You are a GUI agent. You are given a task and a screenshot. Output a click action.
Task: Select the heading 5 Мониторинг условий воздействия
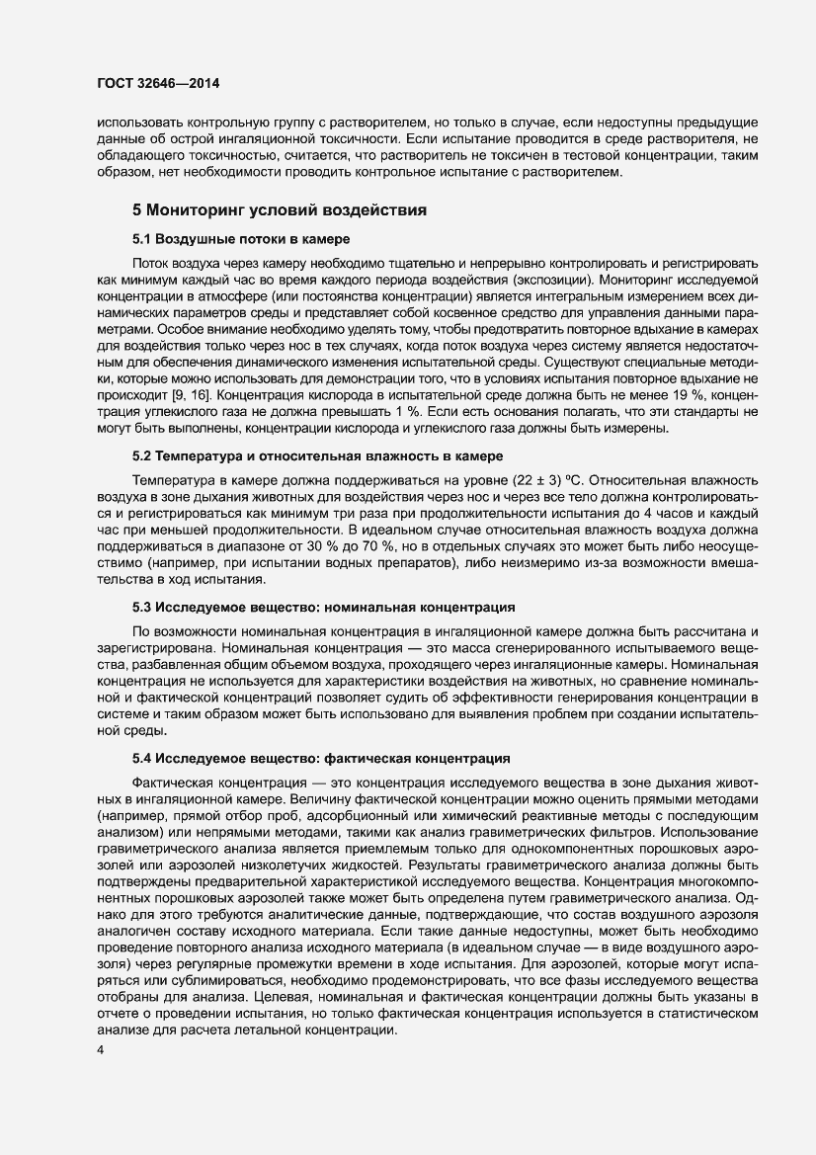pos(280,209)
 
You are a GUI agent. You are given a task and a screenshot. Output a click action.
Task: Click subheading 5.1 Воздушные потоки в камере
pos(243,240)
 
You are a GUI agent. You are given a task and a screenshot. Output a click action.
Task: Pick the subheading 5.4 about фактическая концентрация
pos(322,758)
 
